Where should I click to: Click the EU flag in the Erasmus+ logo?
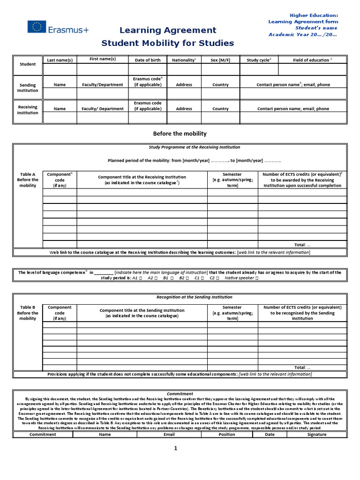tap(37, 27)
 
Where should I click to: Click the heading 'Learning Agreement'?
tap(168, 30)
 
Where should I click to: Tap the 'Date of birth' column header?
tap(147, 60)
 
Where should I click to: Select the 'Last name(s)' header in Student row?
tap(60, 60)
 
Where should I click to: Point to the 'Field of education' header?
tap(312, 60)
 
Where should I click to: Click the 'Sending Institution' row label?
tap(28, 87)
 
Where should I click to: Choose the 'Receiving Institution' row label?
tap(28, 110)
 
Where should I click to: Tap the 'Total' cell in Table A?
tap(302, 245)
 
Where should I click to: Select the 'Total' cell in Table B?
tap(302, 367)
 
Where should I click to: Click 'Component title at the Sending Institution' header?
tap(142, 313)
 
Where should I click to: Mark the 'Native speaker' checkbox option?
tap(241, 278)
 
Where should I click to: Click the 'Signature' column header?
tap(316, 434)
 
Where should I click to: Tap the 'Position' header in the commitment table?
tap(227, 434)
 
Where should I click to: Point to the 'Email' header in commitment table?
tap(169, 434)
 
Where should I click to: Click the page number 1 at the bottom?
tap(176, 448)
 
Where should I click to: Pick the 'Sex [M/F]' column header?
tap(220, 60)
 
